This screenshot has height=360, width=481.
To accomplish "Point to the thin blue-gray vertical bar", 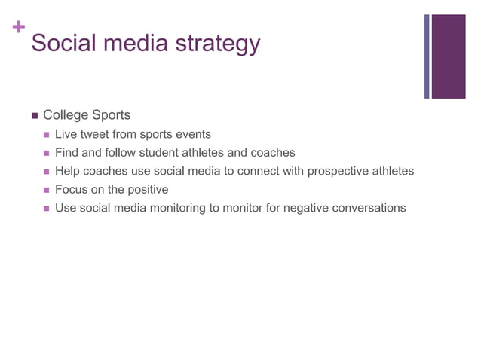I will [x=427, y=56].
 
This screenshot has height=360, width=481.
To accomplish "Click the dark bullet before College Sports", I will [x=33, y=116].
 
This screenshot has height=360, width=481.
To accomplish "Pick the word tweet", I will [x=95, y=135].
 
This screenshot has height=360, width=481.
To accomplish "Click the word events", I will [x=192, y=135].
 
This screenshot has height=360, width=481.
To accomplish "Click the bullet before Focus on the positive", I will [x=47, y=190].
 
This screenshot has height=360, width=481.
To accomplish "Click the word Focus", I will [x=71, y=189].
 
